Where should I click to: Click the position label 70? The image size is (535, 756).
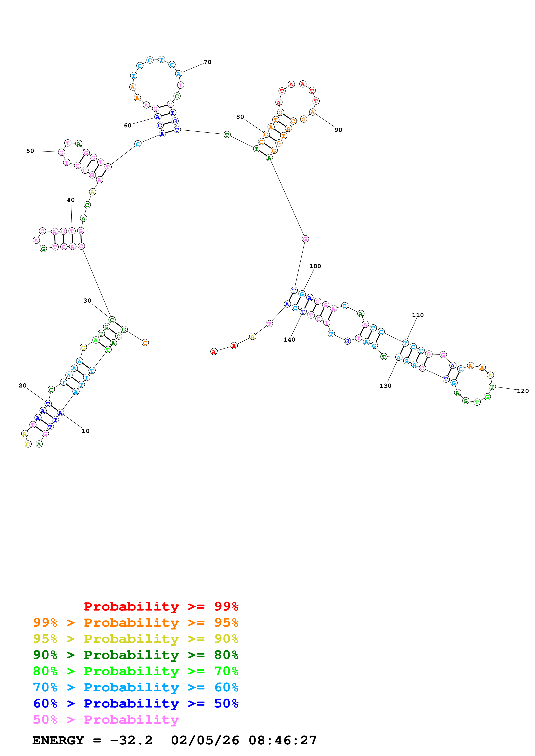click(207, 62)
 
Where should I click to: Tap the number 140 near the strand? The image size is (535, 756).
click(289, 339)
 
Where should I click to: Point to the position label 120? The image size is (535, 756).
click(522, 391)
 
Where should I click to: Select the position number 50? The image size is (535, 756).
click(30, 151)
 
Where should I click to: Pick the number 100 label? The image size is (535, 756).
click(315, 266)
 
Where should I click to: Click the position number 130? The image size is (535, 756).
click(385, 386)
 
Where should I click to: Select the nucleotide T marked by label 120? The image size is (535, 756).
click(492, 386)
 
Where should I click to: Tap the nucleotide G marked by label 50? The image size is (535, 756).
click(61, 152)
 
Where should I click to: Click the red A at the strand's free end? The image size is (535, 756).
click(214, 352)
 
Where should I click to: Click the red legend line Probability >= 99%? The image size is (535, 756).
click(161, 606)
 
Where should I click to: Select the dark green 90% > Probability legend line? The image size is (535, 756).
click(136, 655)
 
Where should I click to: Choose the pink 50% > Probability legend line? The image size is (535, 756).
click(106, 719)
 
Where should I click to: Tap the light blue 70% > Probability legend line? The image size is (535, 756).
click(136, 687)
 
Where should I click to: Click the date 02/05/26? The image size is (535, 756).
click(205, 740)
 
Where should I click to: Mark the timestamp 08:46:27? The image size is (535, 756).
click(282, 740)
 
